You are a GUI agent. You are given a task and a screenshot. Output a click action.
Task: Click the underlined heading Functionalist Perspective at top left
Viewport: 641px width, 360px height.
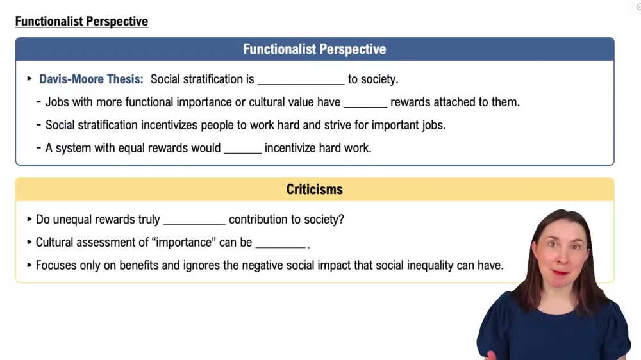click(81, 21)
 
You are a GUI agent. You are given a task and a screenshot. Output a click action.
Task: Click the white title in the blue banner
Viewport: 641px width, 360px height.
click(314, 49)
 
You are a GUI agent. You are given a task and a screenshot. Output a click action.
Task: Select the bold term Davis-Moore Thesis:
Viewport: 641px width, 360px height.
click(91, 79)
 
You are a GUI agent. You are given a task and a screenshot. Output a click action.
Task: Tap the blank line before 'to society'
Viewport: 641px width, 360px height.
click(301, 81)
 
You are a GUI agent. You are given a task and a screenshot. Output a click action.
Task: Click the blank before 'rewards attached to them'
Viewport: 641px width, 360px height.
click(365, 103)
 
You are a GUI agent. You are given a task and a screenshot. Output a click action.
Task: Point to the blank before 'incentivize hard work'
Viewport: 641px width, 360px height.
click(242, 149)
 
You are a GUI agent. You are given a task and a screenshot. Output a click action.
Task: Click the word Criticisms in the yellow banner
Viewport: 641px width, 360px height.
click(314, 190)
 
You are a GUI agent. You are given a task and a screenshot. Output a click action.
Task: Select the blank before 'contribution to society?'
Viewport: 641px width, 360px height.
click(194, 221)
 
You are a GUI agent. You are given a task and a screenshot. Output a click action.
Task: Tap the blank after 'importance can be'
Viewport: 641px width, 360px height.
click(281, 244)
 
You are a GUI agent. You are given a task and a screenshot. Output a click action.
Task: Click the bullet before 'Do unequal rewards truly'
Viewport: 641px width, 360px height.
click(29, 220)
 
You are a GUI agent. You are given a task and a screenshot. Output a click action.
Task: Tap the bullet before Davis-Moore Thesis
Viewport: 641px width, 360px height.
click(29, 79)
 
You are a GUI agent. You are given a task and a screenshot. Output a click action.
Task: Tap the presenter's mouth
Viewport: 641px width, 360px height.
click(559, 272)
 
